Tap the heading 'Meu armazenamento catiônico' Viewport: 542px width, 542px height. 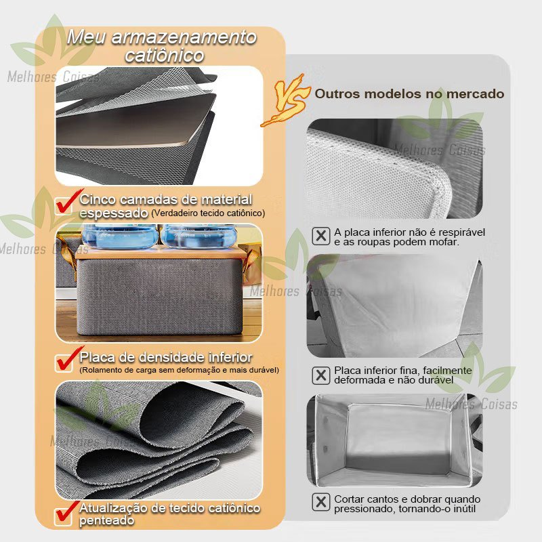163,45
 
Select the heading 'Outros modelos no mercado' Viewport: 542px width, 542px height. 409,93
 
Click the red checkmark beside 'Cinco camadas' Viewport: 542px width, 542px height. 66,204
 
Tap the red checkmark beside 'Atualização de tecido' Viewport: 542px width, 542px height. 66,513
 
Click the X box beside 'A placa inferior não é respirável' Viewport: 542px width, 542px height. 320,236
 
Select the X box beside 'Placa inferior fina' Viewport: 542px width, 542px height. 320,375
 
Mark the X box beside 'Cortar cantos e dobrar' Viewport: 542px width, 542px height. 320,502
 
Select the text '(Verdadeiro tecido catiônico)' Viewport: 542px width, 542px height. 208,213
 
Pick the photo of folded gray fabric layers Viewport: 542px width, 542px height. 159,439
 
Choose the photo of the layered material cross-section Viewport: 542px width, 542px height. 159,126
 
